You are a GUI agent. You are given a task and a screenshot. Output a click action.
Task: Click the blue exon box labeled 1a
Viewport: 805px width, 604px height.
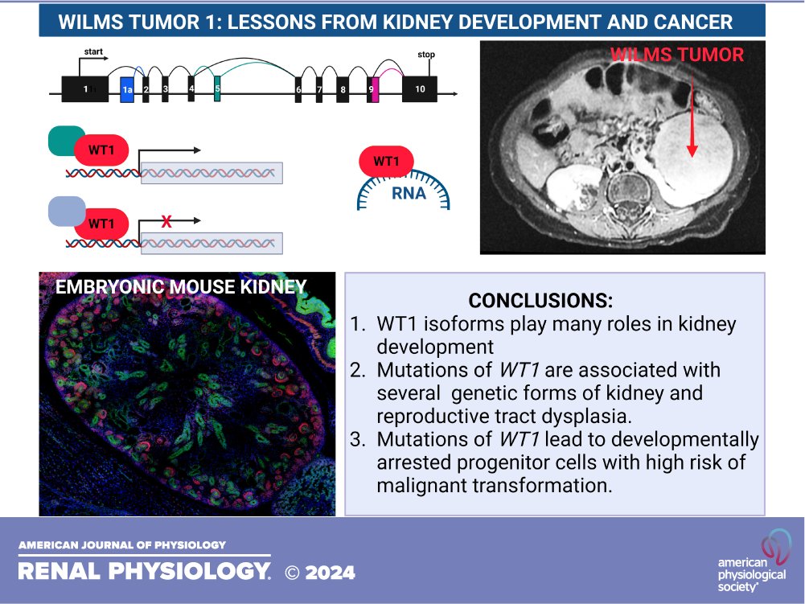point(127,89)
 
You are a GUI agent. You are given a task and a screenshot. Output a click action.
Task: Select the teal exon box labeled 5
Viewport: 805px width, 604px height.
point(217,89)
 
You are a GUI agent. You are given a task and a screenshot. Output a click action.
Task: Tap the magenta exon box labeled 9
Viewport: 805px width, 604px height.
point(373,89)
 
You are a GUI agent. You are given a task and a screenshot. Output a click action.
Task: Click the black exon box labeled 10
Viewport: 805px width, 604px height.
point(420,89)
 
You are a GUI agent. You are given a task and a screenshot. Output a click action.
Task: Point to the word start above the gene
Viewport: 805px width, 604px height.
point(95,51)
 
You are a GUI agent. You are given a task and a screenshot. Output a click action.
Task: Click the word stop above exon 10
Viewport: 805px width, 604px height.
point(426,55)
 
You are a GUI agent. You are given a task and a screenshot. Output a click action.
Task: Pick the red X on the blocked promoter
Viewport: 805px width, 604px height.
point(166,222)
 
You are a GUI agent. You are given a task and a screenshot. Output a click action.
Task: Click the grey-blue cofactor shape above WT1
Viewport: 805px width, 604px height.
point(66,211)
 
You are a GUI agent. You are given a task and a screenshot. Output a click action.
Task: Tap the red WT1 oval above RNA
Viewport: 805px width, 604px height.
point(386,162)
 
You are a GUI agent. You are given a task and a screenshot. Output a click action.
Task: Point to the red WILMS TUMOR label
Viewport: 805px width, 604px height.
point(676,55)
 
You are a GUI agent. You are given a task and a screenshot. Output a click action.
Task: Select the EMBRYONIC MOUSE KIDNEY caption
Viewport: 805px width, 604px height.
point(180,286)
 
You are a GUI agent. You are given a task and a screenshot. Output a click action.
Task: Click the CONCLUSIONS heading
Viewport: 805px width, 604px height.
point(540,301)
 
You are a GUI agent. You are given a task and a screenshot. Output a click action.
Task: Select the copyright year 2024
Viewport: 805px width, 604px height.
point(331,573)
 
